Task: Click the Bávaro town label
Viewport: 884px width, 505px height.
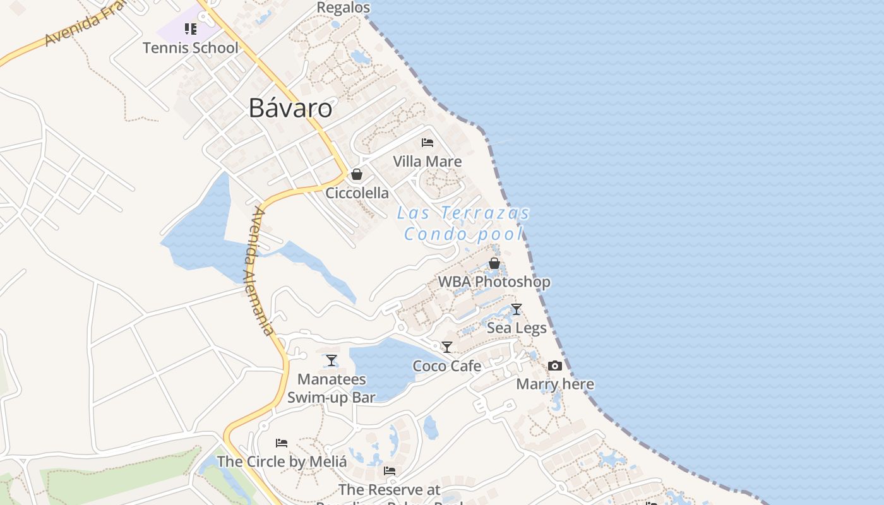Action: [290, 108]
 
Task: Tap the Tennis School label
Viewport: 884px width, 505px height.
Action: [190, 47]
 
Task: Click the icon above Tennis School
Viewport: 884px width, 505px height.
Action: [190, 29]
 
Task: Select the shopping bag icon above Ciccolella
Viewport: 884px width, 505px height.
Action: [357, 174]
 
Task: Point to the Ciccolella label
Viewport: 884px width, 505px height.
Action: [357, 193]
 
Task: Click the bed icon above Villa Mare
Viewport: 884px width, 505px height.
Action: [427, 143]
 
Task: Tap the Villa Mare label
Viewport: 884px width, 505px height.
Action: [427, 162]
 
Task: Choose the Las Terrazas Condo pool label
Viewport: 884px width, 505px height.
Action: [463, 223]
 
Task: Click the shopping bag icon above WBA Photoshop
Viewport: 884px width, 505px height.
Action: [494, 263]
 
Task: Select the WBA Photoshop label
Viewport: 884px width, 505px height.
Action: [494, 282]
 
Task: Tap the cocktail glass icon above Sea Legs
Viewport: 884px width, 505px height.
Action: [517, 309]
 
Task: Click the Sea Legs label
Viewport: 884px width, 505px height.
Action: [517, 328]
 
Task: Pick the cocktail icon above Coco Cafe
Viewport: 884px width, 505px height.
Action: [447, 347]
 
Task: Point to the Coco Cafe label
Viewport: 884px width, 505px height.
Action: [447, 366]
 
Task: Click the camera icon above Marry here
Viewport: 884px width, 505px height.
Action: [555, 366]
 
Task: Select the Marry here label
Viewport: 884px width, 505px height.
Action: [555, 384]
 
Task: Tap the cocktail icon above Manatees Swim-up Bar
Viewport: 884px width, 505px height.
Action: [331, 360]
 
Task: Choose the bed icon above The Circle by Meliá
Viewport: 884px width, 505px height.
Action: [282, 443]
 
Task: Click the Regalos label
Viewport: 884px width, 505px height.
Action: [343, 8]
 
